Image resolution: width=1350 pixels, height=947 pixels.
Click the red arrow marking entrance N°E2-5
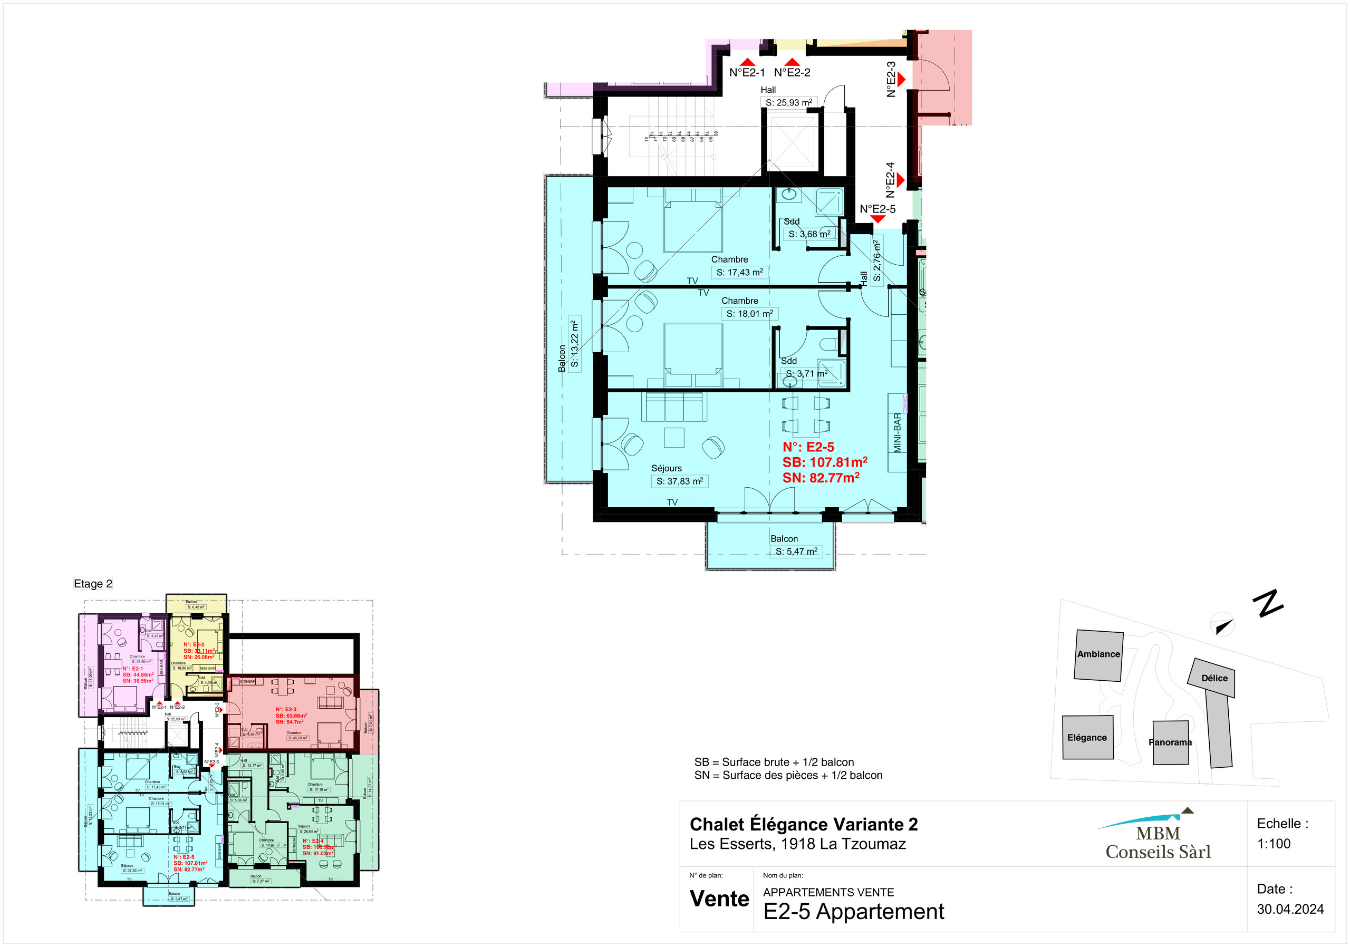(877, 219)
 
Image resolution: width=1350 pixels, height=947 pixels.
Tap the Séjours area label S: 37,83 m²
(679, 481)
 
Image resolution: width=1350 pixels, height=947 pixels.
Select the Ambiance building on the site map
(1098, 655)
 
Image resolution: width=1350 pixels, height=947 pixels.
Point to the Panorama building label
(1170, 742)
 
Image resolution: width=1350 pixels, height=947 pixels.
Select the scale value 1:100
(1274, 844)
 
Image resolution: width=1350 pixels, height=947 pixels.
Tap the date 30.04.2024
(1290, 910)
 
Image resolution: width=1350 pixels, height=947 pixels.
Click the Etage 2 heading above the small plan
(93, 584)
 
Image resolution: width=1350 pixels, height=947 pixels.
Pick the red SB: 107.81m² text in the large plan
(824, 462)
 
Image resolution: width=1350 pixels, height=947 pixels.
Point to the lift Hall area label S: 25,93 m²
(788, 103)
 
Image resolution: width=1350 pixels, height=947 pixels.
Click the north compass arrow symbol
(1223, 626)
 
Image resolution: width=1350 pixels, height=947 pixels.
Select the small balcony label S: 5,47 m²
(796, 552)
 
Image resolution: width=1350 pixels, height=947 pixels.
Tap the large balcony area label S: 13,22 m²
(574, 344)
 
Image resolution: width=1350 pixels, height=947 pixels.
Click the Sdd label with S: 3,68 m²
(809, 234)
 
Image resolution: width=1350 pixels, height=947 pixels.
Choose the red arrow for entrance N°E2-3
(901, 80)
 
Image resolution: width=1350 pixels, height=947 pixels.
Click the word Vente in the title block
(719, 899)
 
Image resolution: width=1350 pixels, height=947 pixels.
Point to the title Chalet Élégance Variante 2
(803, 825)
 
